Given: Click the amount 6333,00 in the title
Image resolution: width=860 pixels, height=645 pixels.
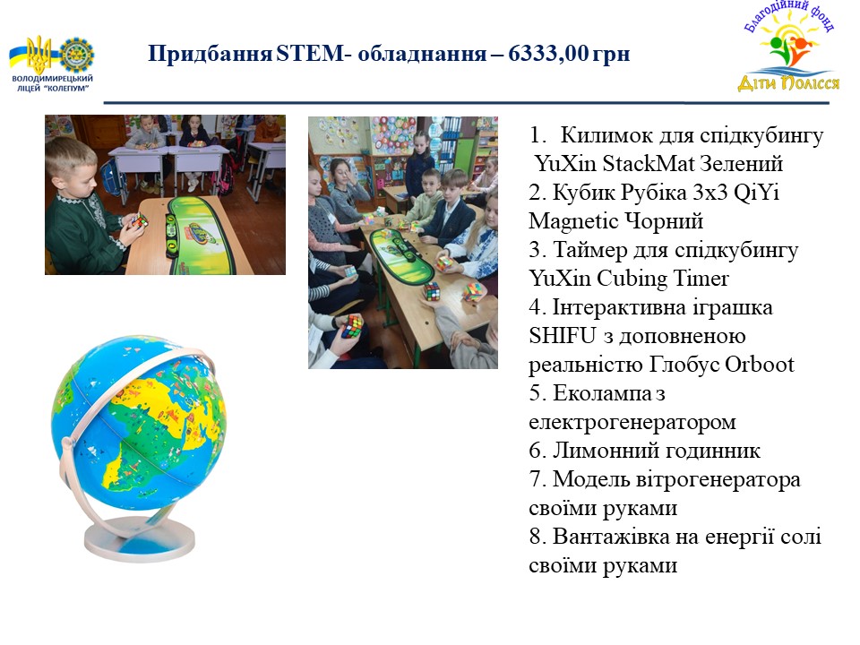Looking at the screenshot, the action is click(548, 54).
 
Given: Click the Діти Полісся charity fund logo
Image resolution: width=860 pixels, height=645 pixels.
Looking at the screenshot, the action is click(788, 47).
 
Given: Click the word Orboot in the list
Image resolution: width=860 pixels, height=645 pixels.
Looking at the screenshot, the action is click(760, 365).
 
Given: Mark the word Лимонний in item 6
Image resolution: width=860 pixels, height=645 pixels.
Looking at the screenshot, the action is click(603, 451).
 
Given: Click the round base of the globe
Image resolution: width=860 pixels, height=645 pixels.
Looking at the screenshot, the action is click(140, 539).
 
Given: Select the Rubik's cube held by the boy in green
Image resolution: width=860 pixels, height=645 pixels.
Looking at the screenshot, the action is click(139, 221).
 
